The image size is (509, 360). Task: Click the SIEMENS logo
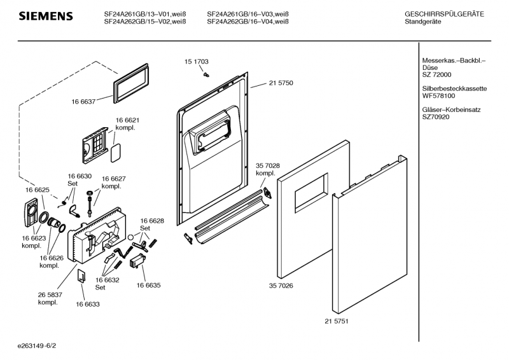(45, 15)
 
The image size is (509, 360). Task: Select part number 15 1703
(197, 62)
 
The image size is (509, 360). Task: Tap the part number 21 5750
(281, 83)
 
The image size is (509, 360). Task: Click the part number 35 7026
(281, 286)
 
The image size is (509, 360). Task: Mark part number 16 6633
(88, 305)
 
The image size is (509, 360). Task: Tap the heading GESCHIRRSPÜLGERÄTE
(443, 13)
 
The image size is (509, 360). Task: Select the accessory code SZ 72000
(436, 75)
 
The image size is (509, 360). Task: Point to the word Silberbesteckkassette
(454, 88)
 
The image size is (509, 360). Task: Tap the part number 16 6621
(127, 120)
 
